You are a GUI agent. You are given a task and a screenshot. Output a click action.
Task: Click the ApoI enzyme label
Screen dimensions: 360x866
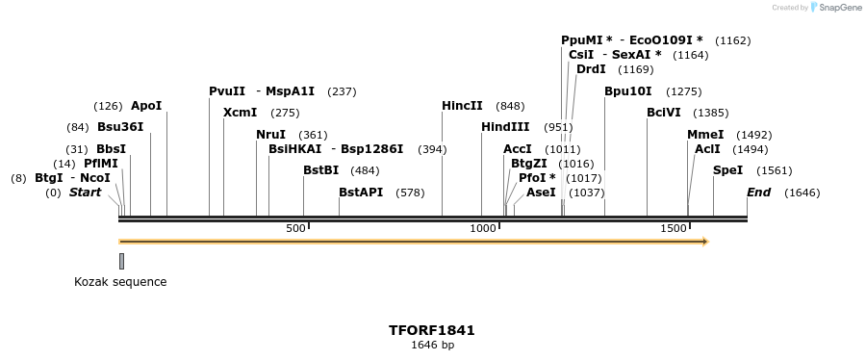pyautogui.click(x=146, y=106)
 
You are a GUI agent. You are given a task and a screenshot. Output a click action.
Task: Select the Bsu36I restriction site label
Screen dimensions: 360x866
pyautogui.click(x=120, y=127)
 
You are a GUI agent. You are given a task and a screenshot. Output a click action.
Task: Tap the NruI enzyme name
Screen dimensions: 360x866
pyautogui.click(x=270, y=135)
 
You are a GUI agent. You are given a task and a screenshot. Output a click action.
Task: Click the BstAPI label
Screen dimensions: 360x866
pyautogui.click(x=361, y=193)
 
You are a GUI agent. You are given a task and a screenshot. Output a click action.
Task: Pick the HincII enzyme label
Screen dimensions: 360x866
pyautogui.click(x=462, y=106)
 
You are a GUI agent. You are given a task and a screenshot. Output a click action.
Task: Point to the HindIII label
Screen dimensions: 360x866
pyautogui.click(x=505, y=127)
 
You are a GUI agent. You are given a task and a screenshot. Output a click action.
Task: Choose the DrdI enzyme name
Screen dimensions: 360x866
pyautogui.click(x=591, y=69)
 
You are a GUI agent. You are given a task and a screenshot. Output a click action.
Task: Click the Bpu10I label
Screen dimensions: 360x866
pyautogui.click(x=627, y=91)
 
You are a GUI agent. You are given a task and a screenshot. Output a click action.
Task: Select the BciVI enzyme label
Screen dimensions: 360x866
pyautogui.click(x=664, y=113)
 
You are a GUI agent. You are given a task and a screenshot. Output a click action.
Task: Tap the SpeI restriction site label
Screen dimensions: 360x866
pyautogui.click(x=727, y=170)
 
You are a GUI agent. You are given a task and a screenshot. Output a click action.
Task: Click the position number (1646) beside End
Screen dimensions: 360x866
pyautogui.click(x=802, y=193)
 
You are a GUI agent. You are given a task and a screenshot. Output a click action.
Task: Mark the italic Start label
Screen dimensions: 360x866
pyautogui.click(x=85, y=193)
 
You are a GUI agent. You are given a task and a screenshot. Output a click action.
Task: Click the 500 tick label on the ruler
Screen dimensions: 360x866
pyautogui.click(x=295, y=228)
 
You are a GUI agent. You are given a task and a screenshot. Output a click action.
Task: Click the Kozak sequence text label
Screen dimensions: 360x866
pyautogui.click(x=120, y=282)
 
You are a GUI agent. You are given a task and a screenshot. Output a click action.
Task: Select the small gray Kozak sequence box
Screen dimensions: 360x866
pyautogui.click(x=121, y=261)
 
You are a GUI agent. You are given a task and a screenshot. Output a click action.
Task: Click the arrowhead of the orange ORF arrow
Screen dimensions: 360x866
pyautogui.click(x=705, y=242)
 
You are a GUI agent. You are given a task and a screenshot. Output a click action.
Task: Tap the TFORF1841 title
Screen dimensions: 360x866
pyautogui.click(x=432, y=330)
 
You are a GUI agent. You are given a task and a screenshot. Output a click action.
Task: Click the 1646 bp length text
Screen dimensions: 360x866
pyautogui.click(x=432, y=346)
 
